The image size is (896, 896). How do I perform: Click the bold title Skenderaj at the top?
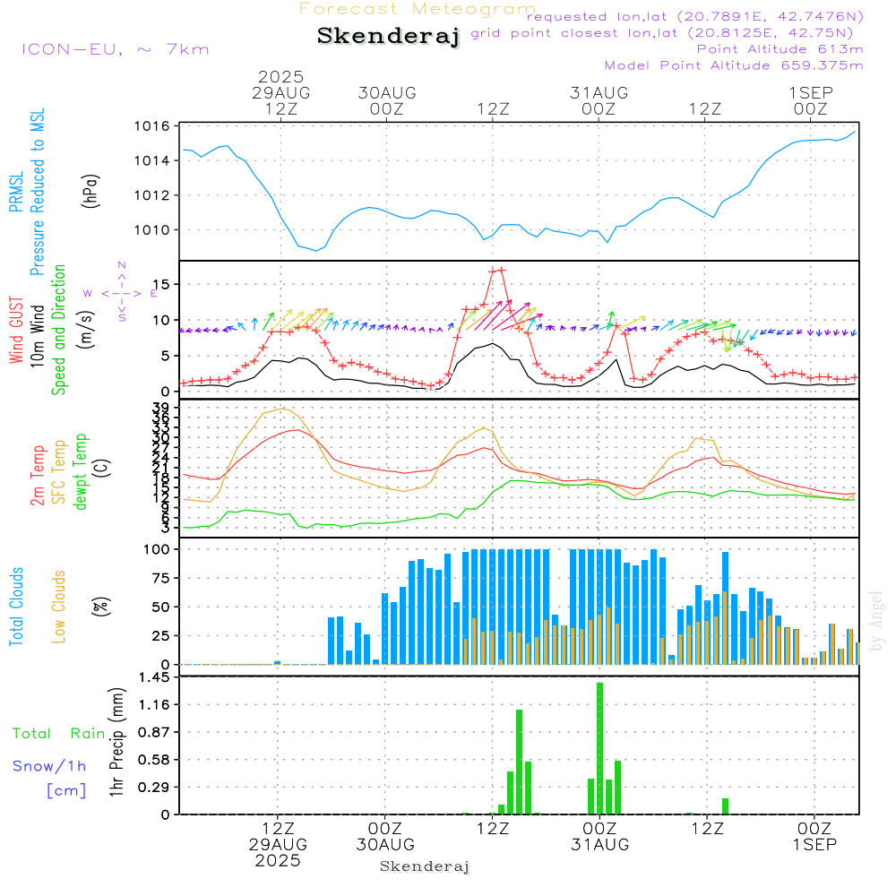pos(388,37)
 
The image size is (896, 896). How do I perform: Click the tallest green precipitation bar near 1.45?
pos(599,748)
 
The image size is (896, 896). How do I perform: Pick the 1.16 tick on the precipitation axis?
pos(155,705)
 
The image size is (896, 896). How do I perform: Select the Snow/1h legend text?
pos(50,766)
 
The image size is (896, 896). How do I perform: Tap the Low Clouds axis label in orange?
pos(59,606)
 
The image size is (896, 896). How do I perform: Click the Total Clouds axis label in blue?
pos(16,606)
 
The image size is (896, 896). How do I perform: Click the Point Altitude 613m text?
pos(780,48)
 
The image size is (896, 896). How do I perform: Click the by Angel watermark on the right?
pos(877,621)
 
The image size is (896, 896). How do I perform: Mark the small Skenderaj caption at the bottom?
pos(425,866)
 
